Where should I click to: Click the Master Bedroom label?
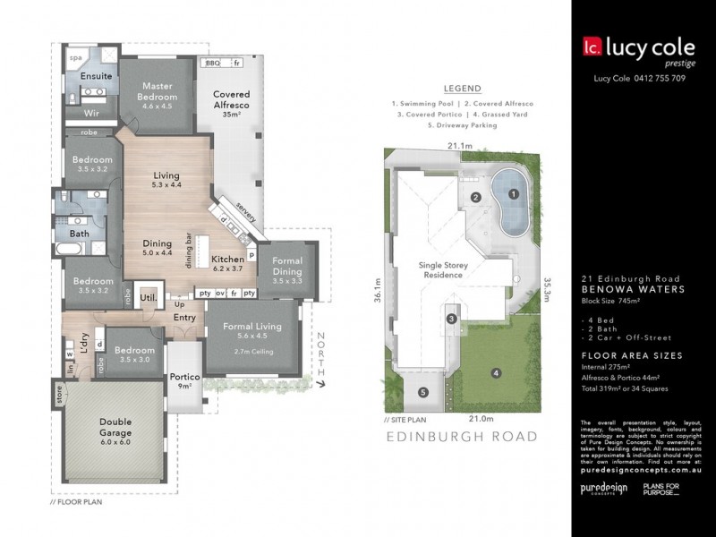158,91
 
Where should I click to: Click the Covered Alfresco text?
230,99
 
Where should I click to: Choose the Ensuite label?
96,76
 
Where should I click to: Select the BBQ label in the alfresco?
212,63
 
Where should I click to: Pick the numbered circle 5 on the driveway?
424,392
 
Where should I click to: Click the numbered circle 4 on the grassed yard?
493,372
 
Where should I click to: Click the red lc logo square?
591,47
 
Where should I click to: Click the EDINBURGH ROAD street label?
461,437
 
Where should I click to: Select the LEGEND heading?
463,89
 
